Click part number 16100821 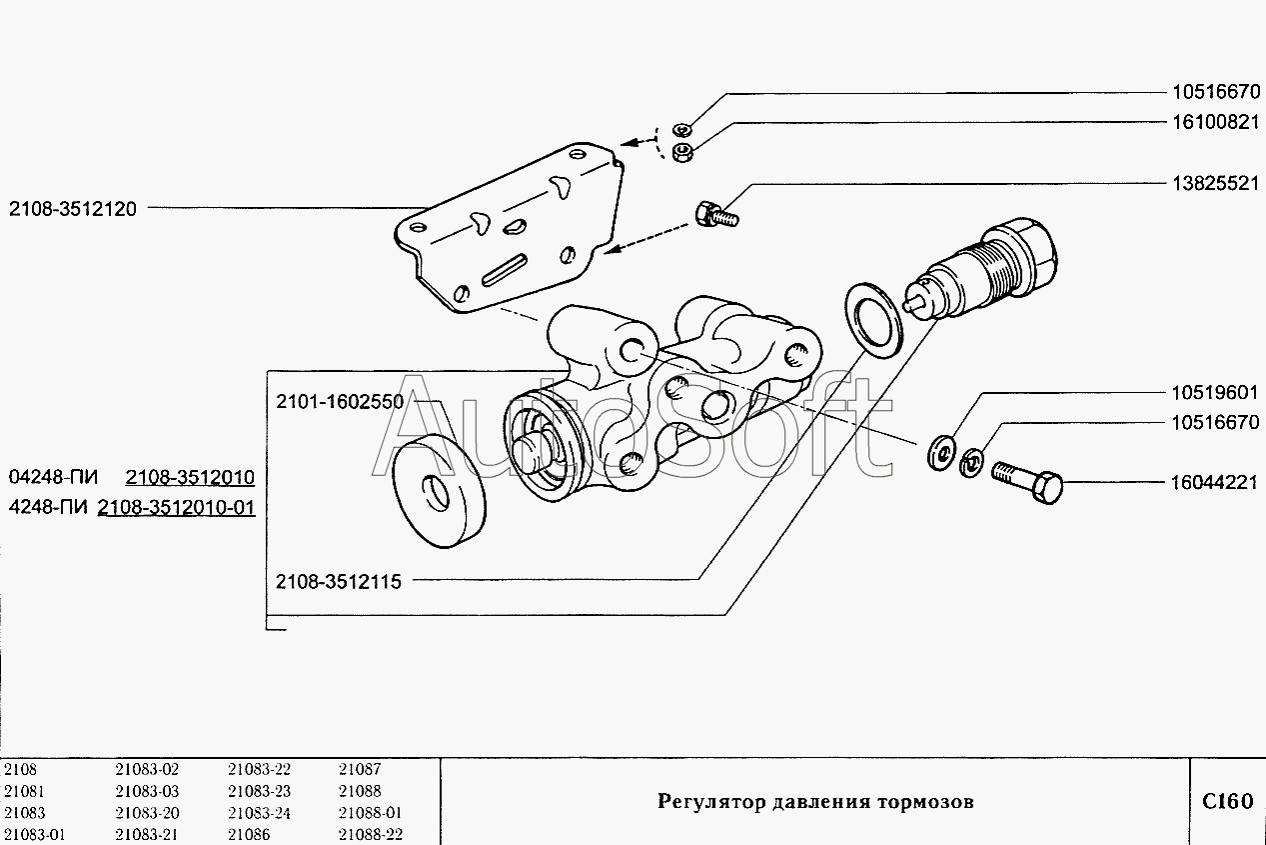tap(1216, 122)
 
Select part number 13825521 tap(1216, 183)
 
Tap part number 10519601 tap(1215, 393)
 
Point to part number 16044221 tap(1215, 482)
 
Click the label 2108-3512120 tap(73, 209)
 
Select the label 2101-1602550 tap(340, 402)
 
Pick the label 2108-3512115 tap(338, 581)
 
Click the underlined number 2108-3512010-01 tap(176, 507)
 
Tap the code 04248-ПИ tap(53, 477)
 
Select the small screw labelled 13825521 tap(716, 215)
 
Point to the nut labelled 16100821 tap(682, 153)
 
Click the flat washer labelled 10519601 tap(942, 452)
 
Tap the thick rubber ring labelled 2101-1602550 tap(439, 492)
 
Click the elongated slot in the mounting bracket tap(505, 270)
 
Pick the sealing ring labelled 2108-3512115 tap(873, 320)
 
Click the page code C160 tap(1228, 801)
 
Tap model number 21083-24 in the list tap(259, 813)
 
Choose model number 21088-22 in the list tap(370, 835)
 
